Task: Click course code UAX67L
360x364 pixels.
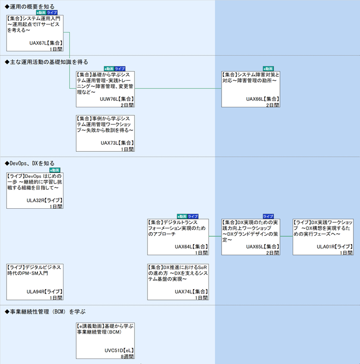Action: [x=37, y=43]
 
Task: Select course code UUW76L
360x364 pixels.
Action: [x=108, y=99]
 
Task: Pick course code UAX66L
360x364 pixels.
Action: [x=255, y=99]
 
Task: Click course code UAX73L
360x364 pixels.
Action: [x=109, y=142]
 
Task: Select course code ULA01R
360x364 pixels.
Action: [x=325, y=247]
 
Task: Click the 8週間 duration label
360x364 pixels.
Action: [x=126, y=357]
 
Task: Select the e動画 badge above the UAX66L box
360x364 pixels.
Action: [x=268, y=68]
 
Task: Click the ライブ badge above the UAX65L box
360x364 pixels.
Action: [x=268, y=216]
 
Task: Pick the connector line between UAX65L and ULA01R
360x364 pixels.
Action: [x=286, y=236]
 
